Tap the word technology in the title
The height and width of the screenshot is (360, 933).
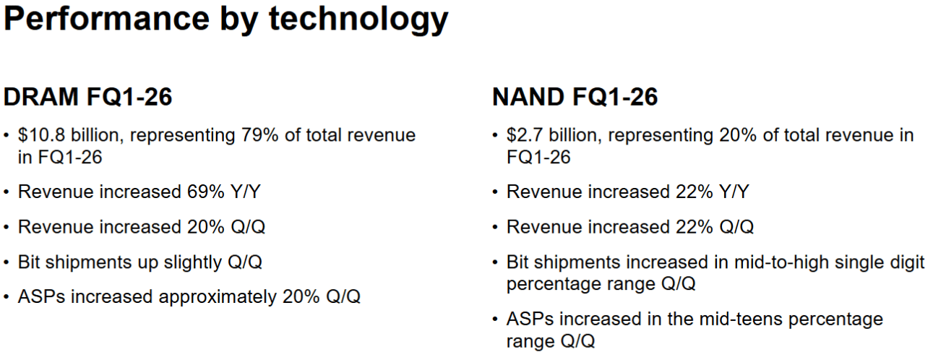pyautogui.click(x=358, y=20)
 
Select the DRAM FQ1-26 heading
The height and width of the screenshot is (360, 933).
pyautogui.click(x=87, y=97)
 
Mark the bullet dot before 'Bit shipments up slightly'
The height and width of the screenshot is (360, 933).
pyautogui.click(x=7, y=262)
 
